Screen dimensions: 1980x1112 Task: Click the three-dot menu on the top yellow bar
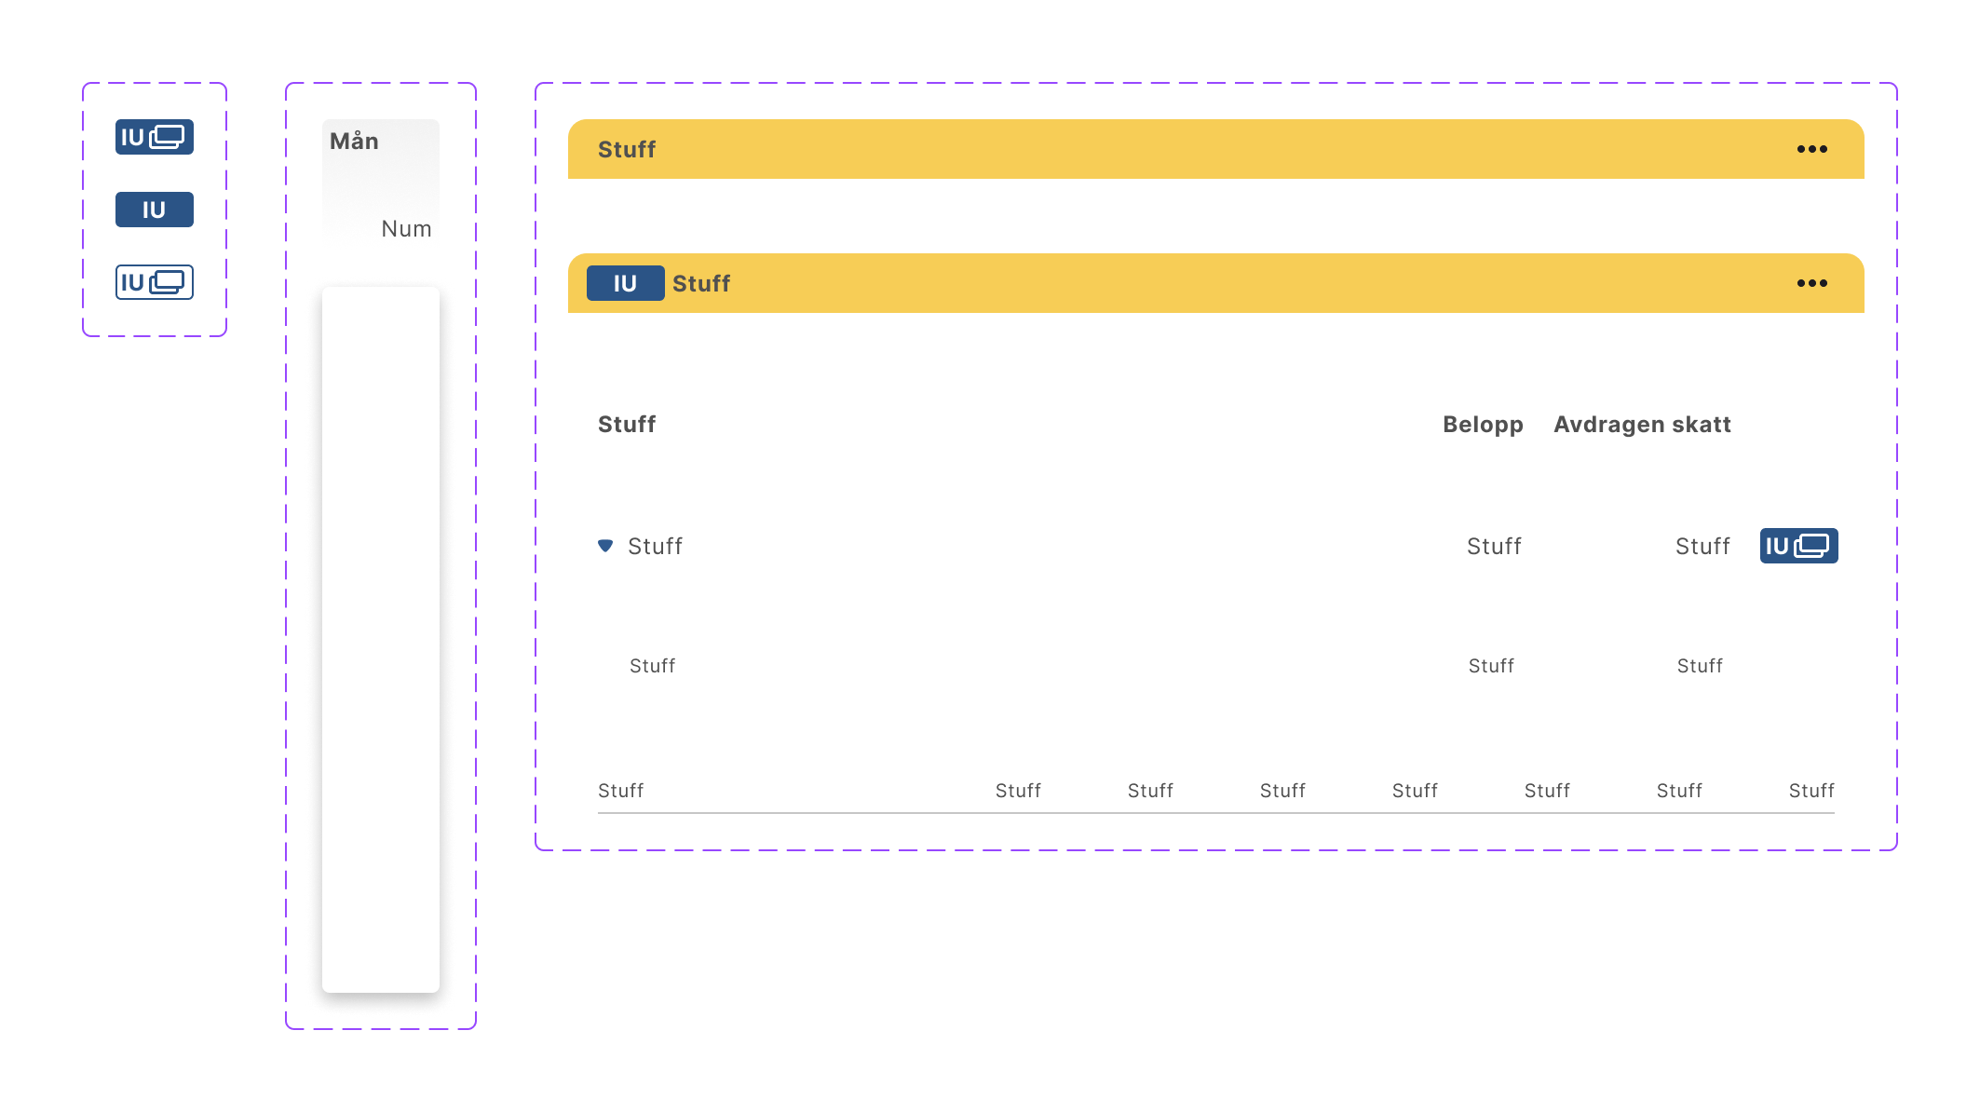tap(1811, 149)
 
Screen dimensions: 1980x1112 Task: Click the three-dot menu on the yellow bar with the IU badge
tap(1811, 283)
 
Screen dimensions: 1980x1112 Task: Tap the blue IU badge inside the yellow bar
tap(625, 283)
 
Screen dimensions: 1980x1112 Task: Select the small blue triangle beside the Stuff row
tap(605, 546)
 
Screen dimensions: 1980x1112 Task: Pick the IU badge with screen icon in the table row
tap(1798, 546)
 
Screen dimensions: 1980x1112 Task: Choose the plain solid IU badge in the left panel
tap(155, 210)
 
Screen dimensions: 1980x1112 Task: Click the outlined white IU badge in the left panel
tap(155, 282)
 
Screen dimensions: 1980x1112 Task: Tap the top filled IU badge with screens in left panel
tap(155, 137)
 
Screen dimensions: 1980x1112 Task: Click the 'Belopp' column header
tap(1483, 425)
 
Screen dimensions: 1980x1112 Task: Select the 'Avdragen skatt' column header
tap(1642, 425)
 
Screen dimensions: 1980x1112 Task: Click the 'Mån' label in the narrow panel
tap(354, 141)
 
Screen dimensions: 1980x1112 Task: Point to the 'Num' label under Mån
tap(406, 229)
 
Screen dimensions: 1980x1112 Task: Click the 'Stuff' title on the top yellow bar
tap(627, 149)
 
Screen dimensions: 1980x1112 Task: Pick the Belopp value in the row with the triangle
tap(1494, 546)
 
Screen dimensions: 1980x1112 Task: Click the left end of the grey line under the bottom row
tap(598, 813)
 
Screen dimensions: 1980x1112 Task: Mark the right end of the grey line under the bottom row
tap(1834, 813)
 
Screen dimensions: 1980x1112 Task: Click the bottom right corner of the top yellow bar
tap(1864, 178)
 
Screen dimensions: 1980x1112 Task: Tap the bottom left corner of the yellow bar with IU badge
tap(569, 312)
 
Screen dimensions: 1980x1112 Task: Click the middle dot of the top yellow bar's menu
tap(1812, 149)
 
